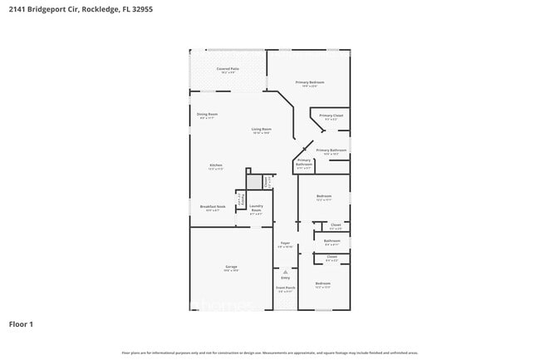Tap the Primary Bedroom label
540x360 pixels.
(x=310, y=82)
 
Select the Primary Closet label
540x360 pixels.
(x=331, y=116)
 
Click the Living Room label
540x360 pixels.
(x=262, y=130)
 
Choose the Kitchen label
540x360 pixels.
(x=216, y=166)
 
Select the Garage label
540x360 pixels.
(x=231, y=267)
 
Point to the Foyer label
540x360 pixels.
(x=284, y=244)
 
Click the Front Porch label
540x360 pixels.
(x=286, y=288)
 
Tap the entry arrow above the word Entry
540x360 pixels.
(x=285, y=270)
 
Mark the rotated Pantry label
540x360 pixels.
(x=240, y=200)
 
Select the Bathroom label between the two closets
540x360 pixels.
(x=332, y=242)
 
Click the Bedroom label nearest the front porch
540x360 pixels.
(x=322, y=284)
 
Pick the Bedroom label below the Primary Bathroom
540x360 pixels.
(x=323, y=197)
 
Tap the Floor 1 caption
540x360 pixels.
(x=21, y=323)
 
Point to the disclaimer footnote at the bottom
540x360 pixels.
(x=270, y=353)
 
